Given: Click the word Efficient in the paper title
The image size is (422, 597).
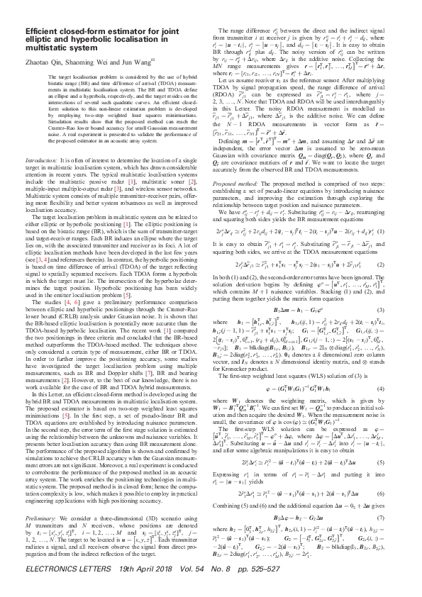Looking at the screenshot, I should click(x=43, y=32).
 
